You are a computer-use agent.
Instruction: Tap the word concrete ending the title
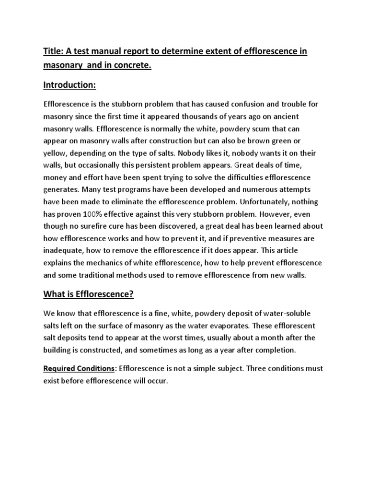coord(132,65)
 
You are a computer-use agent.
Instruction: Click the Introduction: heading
coord(70,85)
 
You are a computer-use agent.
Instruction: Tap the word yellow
coord(55,154)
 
